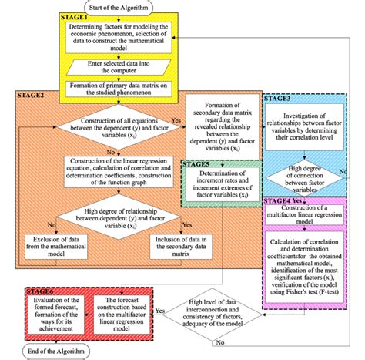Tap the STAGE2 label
(32, 95)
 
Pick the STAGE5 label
(198, 164)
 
